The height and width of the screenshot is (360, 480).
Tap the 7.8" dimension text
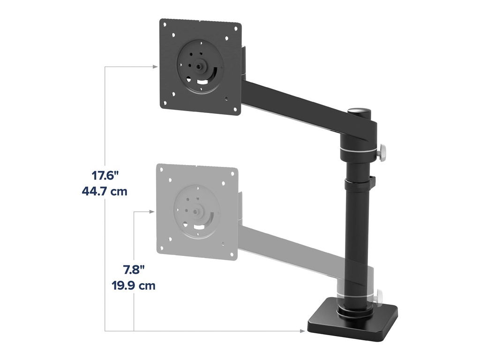point(134,270)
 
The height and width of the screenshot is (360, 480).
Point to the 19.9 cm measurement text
point(134,285)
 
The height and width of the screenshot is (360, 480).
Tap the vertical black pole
point(357,234)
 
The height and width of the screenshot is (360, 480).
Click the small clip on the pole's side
point(374,180)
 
